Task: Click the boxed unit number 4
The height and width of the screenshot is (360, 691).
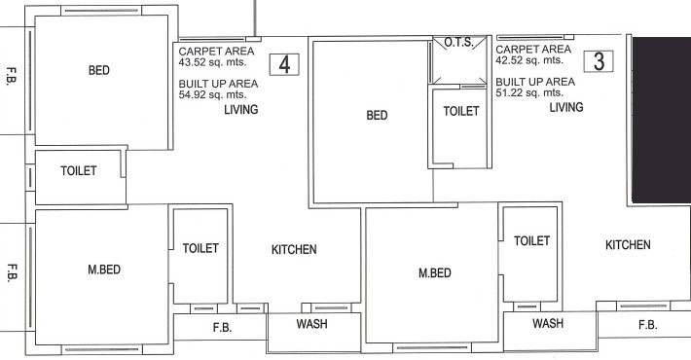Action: click(x=283, y=65)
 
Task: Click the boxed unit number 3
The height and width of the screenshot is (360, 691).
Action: click(x=600, y=60)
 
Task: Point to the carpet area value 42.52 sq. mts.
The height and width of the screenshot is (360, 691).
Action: click(x=523, y=60)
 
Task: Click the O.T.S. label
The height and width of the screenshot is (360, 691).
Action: click(x=457, y=43)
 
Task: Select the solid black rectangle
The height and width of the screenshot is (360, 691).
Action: click(x=661, y=121)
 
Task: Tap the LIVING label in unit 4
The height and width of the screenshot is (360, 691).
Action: click(x=240, y=110)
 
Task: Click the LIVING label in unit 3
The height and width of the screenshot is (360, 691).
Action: click(x=565, y=108)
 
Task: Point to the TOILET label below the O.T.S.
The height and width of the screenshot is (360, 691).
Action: click(x=461, y=112)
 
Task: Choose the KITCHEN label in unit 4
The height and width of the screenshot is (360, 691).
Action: click(x=293, y=250)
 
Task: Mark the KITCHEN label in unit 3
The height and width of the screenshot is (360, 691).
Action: click(x=628, y=245)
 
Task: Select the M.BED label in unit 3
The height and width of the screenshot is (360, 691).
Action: click(x=434, y=273)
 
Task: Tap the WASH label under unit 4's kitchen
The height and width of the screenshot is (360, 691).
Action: click(x=311, y=324)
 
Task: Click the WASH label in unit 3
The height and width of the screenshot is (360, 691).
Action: click(x=548, y=323)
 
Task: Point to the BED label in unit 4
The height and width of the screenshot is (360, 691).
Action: click(x=98, y=70)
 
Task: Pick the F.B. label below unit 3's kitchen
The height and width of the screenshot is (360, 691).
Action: click(x=647, y=325)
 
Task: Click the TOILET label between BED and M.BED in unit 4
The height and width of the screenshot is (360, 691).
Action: click(x=79, y=170)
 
